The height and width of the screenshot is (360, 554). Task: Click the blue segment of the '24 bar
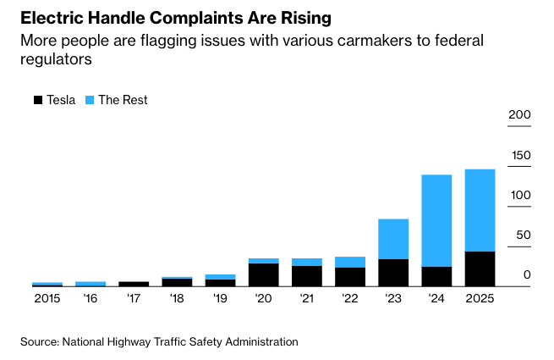(436, 220)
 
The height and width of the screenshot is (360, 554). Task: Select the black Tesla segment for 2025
(480, 269)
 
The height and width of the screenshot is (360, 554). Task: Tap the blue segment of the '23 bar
(393, 239)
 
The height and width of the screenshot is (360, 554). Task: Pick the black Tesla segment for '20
(263, 274)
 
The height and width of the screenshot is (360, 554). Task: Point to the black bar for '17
(134, 284)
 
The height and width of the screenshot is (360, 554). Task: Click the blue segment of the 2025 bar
(480, 210)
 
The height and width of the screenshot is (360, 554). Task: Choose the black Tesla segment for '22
(350, 277)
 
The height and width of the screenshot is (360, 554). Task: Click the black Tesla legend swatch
(37, 100)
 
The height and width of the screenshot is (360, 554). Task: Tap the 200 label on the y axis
(518, 115)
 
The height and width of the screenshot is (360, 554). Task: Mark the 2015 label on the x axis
(47, 298)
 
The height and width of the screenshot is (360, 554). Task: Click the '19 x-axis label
(220, 298)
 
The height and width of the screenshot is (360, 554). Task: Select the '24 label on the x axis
(436, 298)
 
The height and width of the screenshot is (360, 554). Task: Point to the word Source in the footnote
(38, 341)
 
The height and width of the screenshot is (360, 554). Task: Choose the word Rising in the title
(307, 17)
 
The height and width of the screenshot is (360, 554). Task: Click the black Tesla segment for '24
(436, 277)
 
